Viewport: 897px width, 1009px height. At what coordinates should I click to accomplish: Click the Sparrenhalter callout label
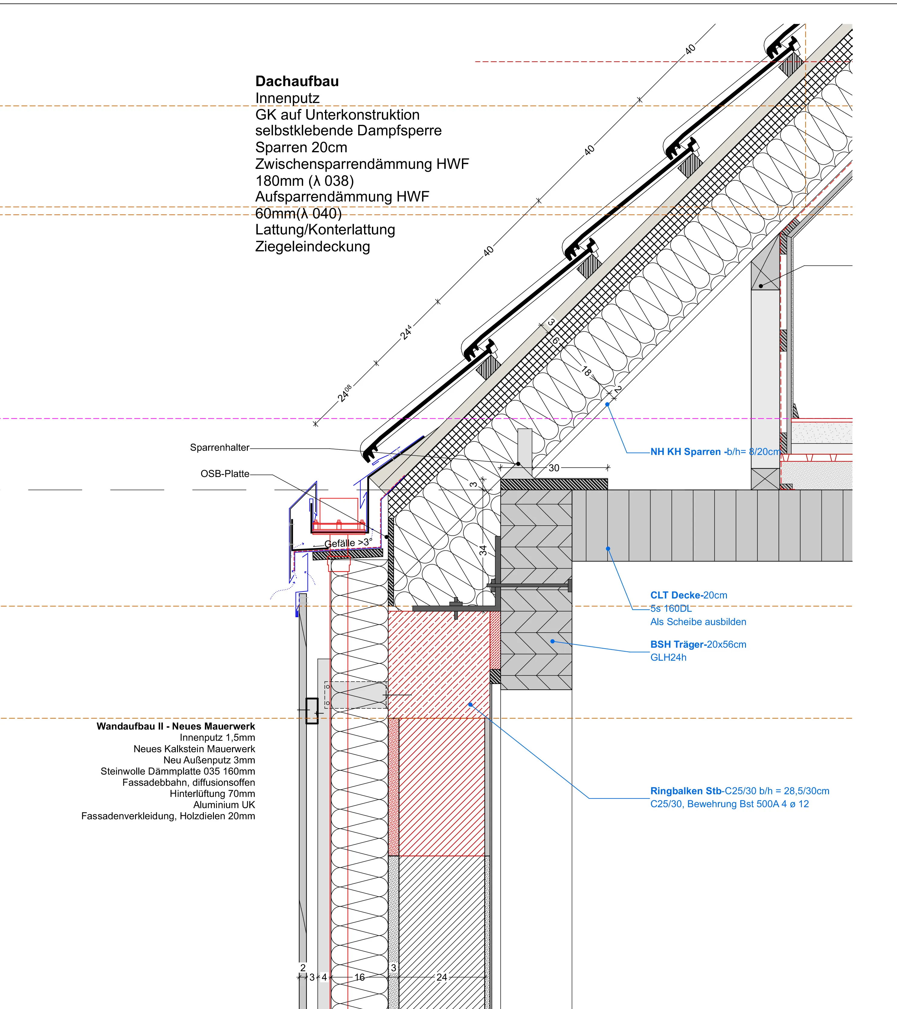tap(220, 447)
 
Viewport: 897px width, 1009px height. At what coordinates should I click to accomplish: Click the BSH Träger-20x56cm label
tap(698, 644)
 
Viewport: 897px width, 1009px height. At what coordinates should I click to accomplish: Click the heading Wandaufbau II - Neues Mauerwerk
tap(176, 726)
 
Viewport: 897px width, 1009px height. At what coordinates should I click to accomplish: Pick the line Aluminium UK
tap(224, 805)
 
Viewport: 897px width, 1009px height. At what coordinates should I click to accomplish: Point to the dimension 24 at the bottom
tap(442, 977)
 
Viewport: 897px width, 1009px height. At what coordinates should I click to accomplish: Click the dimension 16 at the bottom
tap(360, 977)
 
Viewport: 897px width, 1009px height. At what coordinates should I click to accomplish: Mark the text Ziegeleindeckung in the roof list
tap(312, 246)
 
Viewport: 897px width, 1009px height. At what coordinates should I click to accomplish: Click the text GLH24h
tap(668, 657)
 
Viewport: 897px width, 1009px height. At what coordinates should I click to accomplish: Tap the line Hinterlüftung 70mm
tap(212, 793)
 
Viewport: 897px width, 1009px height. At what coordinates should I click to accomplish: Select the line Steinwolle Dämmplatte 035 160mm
tap(178, 771)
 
